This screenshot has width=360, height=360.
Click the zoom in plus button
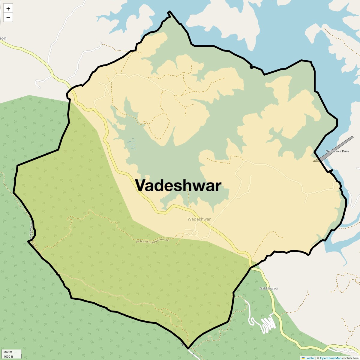[x=8, y=9]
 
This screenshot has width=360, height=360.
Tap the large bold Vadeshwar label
[x=178, y=185]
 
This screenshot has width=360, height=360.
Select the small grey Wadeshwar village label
[x=199, y=219]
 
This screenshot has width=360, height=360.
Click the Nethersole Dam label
[x=337, y=151]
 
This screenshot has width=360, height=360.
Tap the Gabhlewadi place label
[x=269, y=289]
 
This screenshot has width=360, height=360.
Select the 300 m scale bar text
[x=8, y=352]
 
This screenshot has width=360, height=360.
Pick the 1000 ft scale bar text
[x=8, y=356]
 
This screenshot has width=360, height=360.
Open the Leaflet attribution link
[x=310, y=358]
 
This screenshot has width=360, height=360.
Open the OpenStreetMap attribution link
[x=331, y=358]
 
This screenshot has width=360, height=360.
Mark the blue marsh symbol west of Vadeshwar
[x=131, y=143]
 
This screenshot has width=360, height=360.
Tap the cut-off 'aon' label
[x=3, y=38]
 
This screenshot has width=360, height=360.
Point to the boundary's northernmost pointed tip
[x=169, y=12]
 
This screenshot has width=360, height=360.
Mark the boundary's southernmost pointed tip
[x=188, y=349]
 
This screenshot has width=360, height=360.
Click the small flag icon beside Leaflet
[x=303, y=358]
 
